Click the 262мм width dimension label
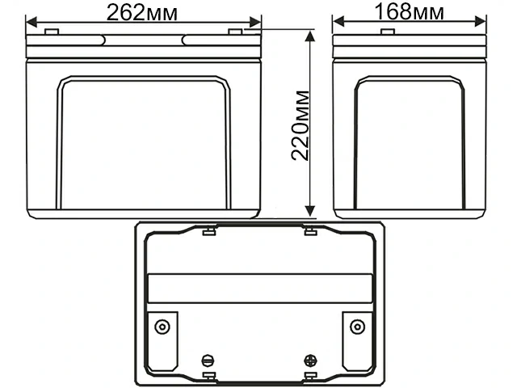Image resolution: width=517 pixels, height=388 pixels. point(143,12)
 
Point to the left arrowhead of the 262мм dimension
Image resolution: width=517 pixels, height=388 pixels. point(31,22)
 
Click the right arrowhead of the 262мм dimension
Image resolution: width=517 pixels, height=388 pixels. point(257,22)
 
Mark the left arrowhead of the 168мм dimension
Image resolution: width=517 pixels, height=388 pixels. point(337,22)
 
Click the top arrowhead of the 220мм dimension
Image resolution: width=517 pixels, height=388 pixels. point(309,35)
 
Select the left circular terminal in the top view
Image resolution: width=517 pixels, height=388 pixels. point(162,327)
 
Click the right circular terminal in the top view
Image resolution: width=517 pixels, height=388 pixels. point(356,327)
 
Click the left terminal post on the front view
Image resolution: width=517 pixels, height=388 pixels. point(50,32)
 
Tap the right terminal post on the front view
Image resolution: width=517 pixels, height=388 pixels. point(235,32)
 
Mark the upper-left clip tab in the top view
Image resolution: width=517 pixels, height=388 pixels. point(208,233)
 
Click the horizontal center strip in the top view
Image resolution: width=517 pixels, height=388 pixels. point(259,289)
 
